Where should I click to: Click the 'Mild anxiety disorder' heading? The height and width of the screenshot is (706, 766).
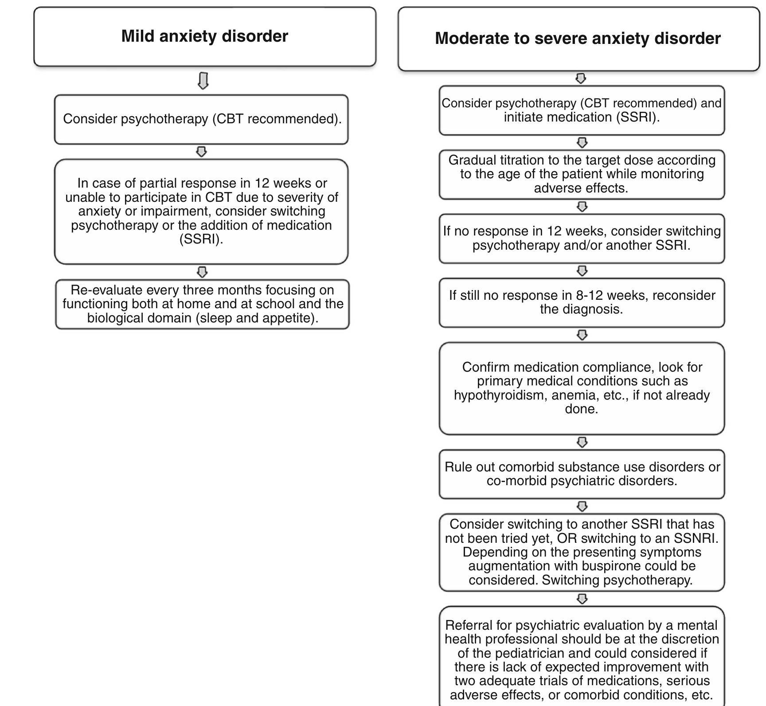click(204, 36)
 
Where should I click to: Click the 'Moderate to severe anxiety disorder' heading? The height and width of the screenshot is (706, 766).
click(578, 39)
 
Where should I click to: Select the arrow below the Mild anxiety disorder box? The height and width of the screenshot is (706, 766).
click(203, 81)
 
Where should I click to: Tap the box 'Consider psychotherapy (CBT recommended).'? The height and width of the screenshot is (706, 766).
click(202, 119)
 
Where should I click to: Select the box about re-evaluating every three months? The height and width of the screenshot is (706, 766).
click(203, 304)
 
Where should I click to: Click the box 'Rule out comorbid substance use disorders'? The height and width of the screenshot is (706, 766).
click(582, 474)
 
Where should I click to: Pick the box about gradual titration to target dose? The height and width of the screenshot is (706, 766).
click(582, 174)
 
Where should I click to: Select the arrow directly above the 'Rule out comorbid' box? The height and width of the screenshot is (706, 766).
click(582, 442)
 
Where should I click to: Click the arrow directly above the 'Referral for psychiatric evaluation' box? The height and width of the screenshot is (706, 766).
click(582, 599)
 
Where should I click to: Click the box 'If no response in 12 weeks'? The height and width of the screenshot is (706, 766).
click(582, 238)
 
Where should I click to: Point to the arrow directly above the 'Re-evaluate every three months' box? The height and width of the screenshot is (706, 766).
click(202, 271)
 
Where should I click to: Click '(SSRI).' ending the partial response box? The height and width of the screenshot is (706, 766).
click(201, 239)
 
